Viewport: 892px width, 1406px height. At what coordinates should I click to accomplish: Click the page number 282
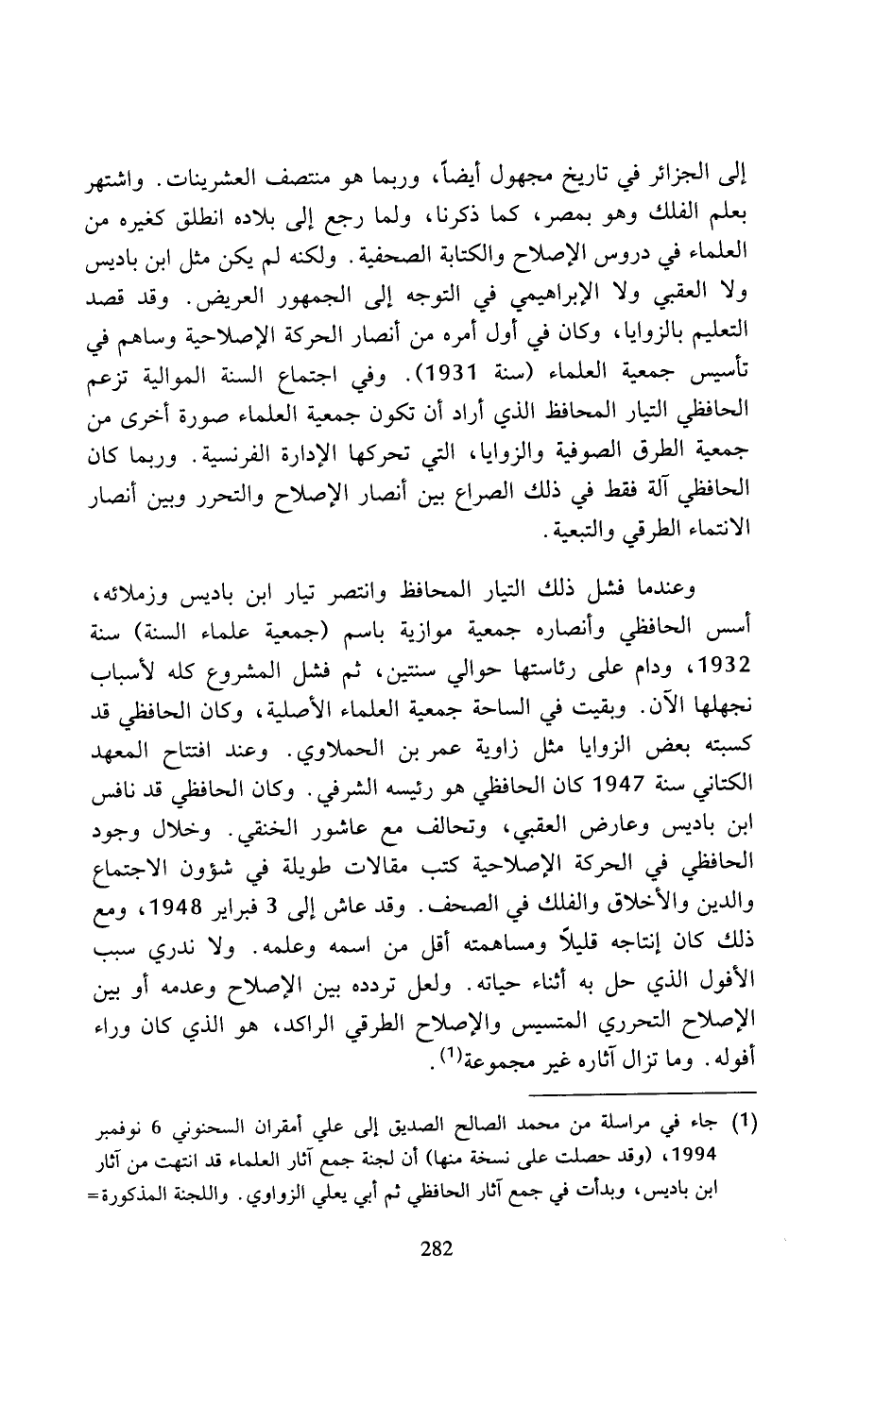[437, 1248]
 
